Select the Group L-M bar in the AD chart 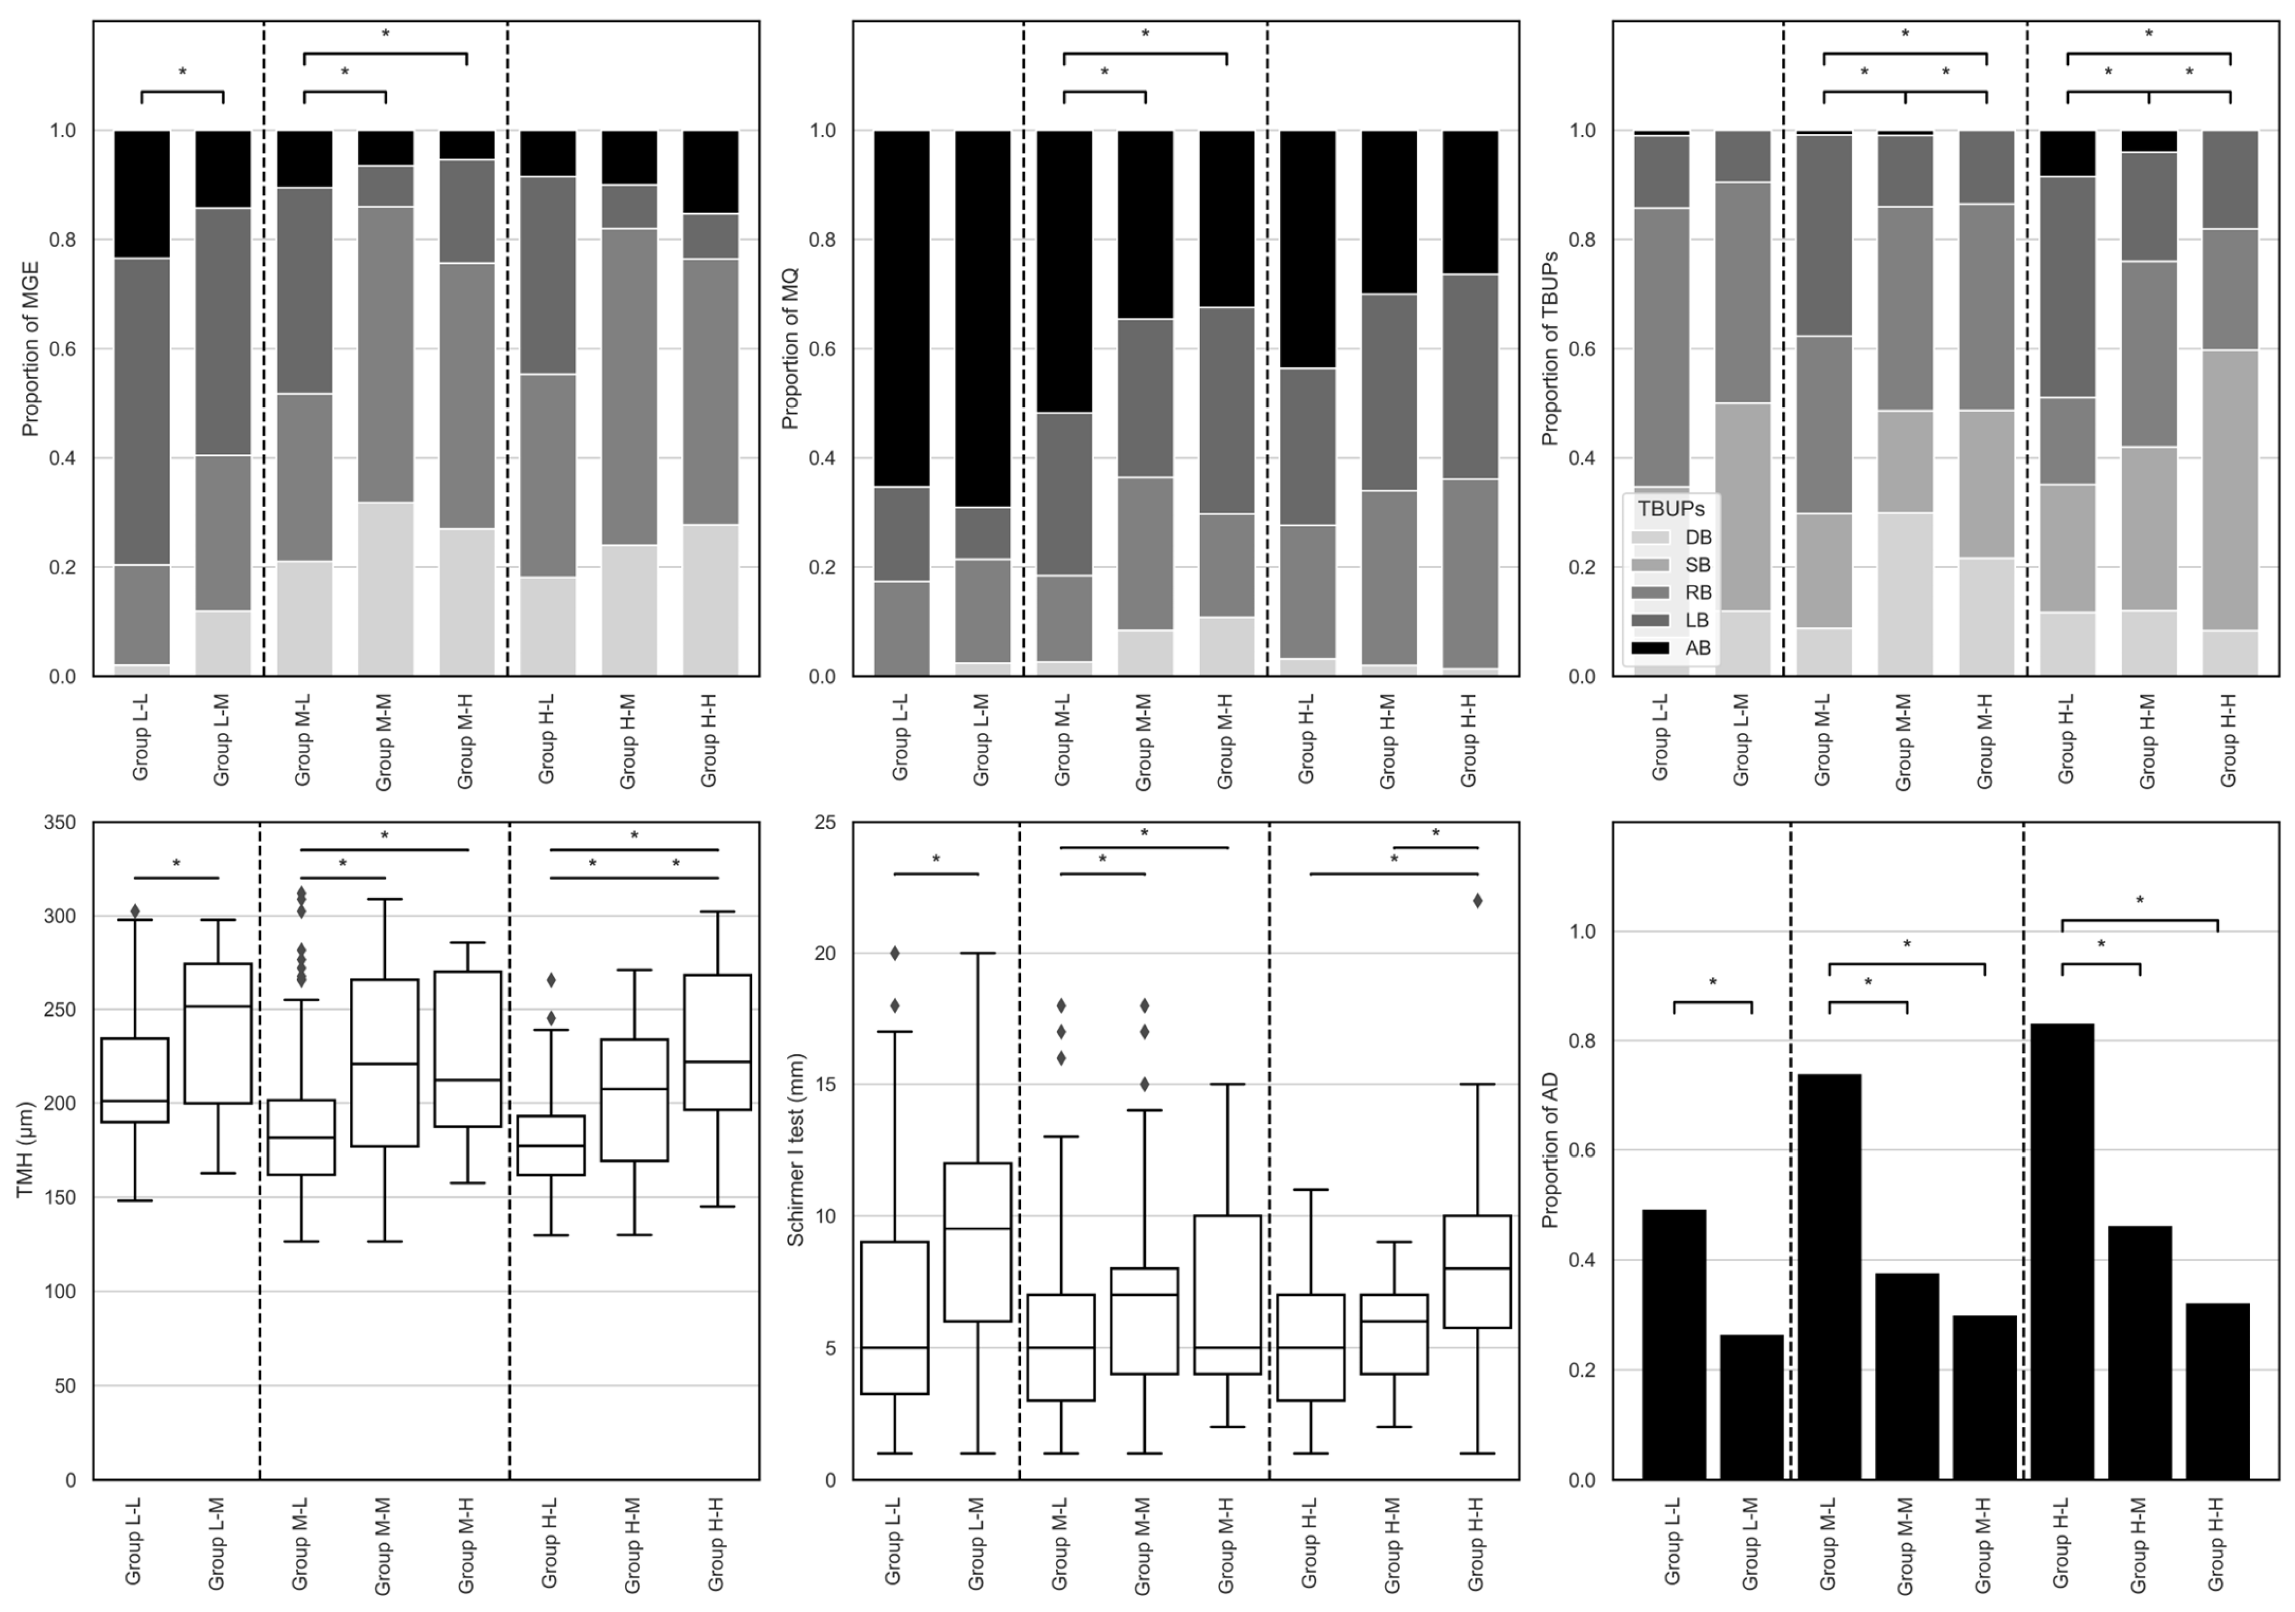(1751, 1407)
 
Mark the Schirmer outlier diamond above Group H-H (1477, 900)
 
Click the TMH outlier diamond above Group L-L (135, 911)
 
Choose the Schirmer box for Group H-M (1394, 1334)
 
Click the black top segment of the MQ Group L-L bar (902, 309)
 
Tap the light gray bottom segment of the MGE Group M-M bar (386, 589)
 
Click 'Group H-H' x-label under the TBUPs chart (2228, 741)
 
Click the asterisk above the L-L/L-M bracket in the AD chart (1712, 983)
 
